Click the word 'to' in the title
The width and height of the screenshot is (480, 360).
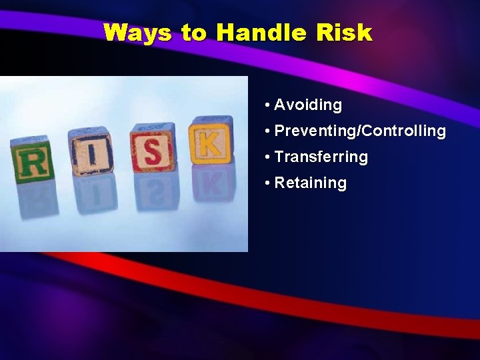tap(194, 33)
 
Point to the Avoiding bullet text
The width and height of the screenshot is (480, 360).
tap(308, 105)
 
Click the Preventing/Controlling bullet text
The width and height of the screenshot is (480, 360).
tap(360, 131)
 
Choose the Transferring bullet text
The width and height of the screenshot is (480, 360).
tap(321, 157)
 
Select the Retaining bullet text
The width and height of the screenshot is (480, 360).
tap(311, 183)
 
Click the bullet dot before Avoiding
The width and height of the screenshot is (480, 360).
tap(267, 105)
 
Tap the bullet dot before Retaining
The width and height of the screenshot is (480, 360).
tap(267, 183)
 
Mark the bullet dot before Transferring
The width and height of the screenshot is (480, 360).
tap(267, 157)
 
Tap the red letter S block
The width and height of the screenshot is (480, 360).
tap(153, 147)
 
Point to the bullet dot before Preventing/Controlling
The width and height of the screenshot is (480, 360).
tap(267, 131)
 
